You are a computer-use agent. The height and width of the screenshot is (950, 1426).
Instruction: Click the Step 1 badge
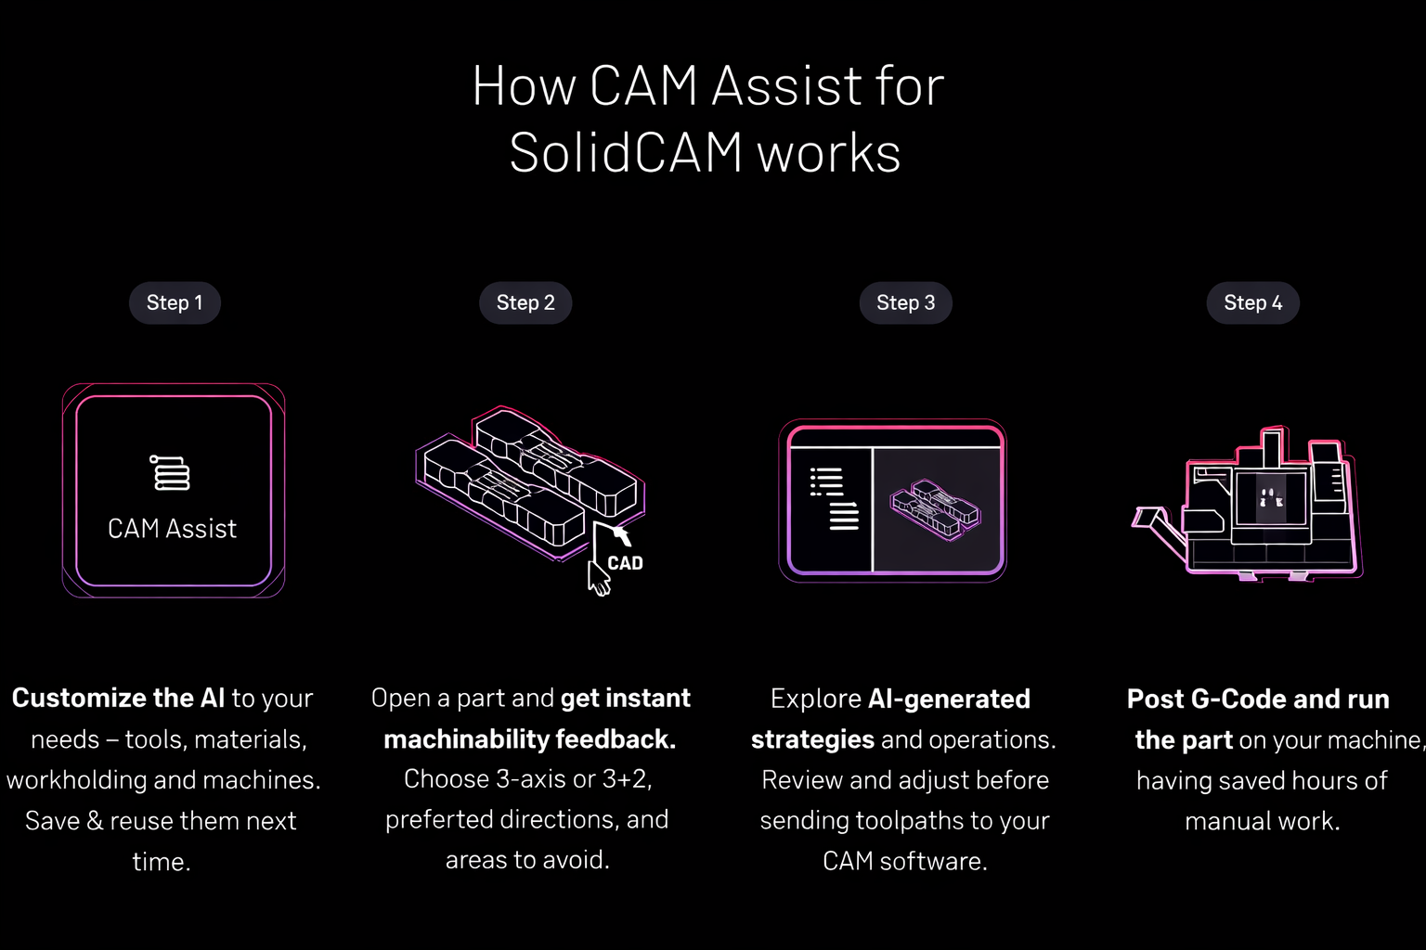(175, 302)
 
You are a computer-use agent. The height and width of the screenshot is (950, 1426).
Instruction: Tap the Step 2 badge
(525, 302)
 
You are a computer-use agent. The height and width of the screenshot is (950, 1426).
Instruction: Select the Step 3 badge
(905, 302)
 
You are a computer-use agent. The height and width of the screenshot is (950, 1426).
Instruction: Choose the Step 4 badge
(1252, 302)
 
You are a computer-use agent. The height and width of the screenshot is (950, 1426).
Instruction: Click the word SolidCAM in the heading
(627, 153)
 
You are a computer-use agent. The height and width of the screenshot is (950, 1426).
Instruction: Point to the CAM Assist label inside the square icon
(172, 529)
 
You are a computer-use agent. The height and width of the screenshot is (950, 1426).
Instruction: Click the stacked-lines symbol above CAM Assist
(170, 473)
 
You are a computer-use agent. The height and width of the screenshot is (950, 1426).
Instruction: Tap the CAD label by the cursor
(625, 563)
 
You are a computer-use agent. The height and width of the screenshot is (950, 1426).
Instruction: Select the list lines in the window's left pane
(834, 499)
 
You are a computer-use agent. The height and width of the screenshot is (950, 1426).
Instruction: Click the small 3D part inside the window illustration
(935, 509)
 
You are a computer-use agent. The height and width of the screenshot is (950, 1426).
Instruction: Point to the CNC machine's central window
(1270, 497)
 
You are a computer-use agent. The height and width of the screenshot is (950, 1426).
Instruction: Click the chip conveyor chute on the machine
(1159, 527)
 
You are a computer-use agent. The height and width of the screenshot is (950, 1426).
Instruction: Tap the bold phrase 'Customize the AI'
(119, 699)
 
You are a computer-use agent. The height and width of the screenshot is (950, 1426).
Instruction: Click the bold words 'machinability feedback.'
(530, 739)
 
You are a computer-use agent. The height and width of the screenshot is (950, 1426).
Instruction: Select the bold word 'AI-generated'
(949, 699)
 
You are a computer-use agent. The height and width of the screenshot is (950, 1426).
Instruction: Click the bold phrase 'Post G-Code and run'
(1258, 699)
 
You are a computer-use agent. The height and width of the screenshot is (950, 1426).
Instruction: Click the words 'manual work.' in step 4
(1263, 821)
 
